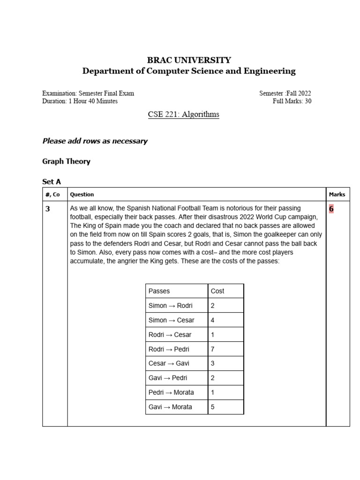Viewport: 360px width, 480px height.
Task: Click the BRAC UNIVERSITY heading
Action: (x=189, y=60)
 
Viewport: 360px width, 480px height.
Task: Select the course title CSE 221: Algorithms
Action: (x=183, y=114)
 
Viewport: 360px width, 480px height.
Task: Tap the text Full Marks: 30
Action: (x=292, y=101)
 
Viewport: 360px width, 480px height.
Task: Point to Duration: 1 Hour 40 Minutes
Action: (x=80, y=101)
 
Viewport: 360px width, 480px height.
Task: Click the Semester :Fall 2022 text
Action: (x=285, y=93)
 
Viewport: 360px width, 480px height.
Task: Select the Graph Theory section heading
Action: (x=66, y=161)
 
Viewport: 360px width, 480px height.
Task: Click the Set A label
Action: (x=52, y=181)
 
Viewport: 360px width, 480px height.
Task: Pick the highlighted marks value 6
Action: (x=331, y=209)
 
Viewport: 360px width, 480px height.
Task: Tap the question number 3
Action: (x=47, y=209)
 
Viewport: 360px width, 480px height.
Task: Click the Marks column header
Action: (x=337, y=194)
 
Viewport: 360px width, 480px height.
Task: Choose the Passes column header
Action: (x=159, y=291)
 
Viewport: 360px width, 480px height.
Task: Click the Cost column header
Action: (x=217, y=291)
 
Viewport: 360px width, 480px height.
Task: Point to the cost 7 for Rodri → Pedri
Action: (x=213, y=349)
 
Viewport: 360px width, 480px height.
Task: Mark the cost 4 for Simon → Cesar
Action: (x=213, y=320)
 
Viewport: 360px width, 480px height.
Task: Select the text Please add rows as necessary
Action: (x=95, y=141)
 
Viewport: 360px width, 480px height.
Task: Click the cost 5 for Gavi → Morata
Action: (x=213, y=407)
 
